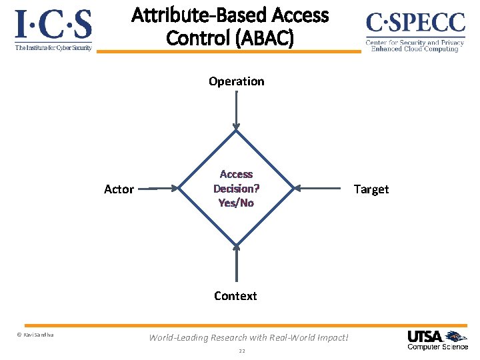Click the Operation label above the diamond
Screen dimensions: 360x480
[x=236, y=81]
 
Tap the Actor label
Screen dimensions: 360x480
[x=119, y=189]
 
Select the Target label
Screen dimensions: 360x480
[x=371, y=189]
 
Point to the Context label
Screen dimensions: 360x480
[x=235, y=295]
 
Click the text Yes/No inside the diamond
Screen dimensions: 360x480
[x=236, y=203]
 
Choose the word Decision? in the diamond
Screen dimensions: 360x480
[x=236, y=189]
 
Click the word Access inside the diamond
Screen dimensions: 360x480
[x=236, y=175]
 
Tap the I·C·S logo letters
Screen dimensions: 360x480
[x=53, y=25]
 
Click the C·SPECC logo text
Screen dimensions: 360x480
[x=415, y=24]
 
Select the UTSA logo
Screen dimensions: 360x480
[x=437, y=339]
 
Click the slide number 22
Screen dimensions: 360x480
[x=242, y=351]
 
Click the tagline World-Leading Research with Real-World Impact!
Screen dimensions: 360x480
[x=249, y=337]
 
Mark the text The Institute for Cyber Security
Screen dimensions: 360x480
[x=53, y=47]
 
